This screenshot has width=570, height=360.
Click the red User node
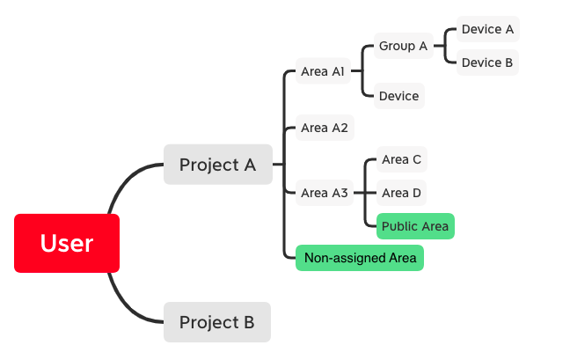coord(67,243)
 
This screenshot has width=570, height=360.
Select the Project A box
coord(218,165)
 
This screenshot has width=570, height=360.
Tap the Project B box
coord(217,322)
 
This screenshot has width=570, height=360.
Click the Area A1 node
coord(323,71)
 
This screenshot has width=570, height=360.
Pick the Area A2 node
coord(325,128)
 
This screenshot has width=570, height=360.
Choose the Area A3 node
coord(325,193)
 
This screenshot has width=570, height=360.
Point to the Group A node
coord(404,46)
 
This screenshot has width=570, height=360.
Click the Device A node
coord(488,29)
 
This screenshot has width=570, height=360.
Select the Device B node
coord(487,62)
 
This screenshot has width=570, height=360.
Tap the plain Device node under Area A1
coord(399,96)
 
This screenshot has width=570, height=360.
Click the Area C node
coord(402,159)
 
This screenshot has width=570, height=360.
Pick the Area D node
coord(401,193)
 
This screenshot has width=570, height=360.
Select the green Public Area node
coord(415,226)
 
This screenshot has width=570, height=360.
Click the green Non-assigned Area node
coord(360,258)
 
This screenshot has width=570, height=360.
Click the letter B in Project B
coord(249,322)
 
